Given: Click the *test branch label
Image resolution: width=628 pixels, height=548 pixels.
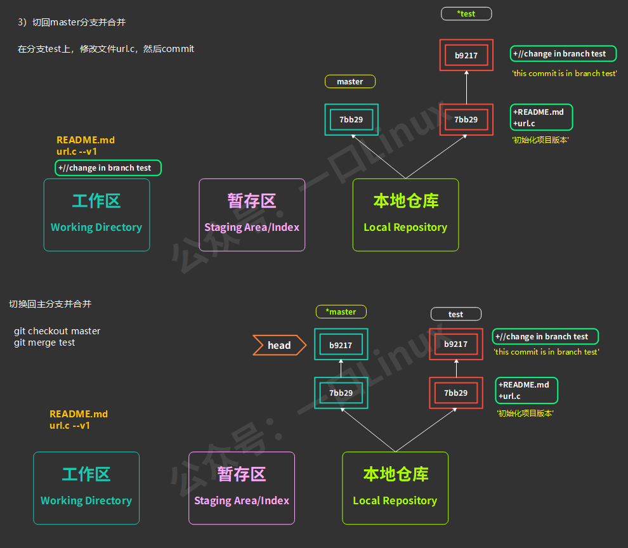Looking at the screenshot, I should click(466, 13).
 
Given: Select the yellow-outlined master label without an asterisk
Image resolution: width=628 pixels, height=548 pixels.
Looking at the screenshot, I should click(350, 81).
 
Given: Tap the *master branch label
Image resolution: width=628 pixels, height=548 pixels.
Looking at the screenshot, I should click(341, 311).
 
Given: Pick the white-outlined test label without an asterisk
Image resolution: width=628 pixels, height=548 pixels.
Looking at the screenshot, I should click(455, 314).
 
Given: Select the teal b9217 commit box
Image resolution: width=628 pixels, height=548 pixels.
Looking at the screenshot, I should click(341, 345).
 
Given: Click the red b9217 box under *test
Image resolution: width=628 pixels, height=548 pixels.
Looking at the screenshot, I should click(466, 55).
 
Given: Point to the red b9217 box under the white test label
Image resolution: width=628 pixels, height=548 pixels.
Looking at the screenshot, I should click(455, 344).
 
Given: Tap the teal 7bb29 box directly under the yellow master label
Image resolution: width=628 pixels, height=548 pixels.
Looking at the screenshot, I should click(351, 119).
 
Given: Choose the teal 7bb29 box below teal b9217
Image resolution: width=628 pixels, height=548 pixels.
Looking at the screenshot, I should click(341, 393).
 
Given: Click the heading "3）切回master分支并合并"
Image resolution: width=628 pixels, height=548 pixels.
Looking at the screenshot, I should click(72, 22).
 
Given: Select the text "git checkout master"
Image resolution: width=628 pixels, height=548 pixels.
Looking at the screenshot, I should click(57, 331).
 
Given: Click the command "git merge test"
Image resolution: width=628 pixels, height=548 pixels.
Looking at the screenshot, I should click(44, 342).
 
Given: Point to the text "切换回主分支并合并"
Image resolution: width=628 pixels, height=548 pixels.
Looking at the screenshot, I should click(50, 304).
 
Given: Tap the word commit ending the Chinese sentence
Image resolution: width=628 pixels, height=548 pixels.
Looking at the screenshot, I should click(178, 49).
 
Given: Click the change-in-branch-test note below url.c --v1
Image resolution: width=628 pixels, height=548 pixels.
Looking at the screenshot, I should click(108, 168).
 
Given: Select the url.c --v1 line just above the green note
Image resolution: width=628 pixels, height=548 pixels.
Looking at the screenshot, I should click(77, 152).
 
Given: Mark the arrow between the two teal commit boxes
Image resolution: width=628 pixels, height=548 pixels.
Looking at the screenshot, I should click(341, 369).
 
